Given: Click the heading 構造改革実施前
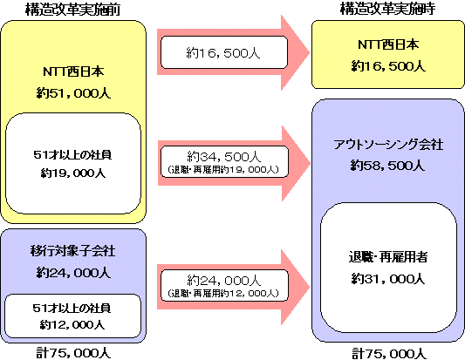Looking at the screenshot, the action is [x=72, y=10].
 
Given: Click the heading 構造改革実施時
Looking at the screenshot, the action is [x=387, y=9].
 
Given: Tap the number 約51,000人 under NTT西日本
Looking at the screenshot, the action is [x=73, y=93].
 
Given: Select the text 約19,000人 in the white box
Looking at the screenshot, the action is [x=73, y=173].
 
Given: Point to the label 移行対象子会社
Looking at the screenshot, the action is [x=72, y=251].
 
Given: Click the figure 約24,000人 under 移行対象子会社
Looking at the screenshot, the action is [x=73, y=273].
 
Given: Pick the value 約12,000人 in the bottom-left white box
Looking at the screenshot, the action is [x=72, y=325].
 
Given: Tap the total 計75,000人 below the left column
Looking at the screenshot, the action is [x=73, y=353].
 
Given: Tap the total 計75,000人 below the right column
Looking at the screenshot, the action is [x=388, y=354].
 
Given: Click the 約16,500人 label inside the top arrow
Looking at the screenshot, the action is [x=223, y=53].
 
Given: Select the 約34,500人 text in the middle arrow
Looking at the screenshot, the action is [x=224, y=157].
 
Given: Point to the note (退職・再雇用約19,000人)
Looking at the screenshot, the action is [x=223, y=169].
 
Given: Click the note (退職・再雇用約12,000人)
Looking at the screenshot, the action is [x=223, y=294].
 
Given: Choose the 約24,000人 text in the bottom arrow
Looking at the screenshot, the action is [x=224, y=281].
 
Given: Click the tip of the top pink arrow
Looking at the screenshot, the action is [x=310, y=53].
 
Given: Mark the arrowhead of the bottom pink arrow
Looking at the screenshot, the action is [x=310, y=287].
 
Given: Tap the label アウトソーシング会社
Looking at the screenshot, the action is [x=388, y=145].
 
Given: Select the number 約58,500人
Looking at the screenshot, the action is [x=387, y=166].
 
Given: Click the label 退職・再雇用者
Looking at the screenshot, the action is [x=388, y=257].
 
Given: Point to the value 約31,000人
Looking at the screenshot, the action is [x=388, y=279].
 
